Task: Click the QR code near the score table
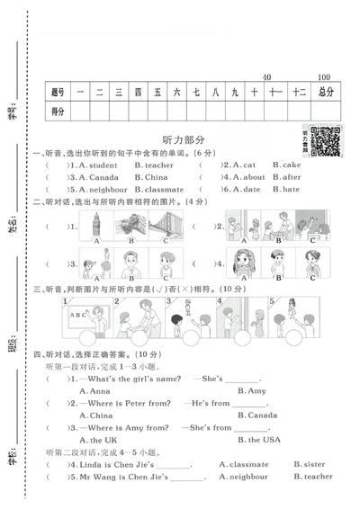[x=328, y=142]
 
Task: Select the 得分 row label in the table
[x=58, y=111]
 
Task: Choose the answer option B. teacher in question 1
[x=154, y=165]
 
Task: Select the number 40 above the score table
[x=266, y=77]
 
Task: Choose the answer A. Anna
[x=94, y=391]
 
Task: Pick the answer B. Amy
[x=251, y=391]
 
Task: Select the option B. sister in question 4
[x=310, y=464]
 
